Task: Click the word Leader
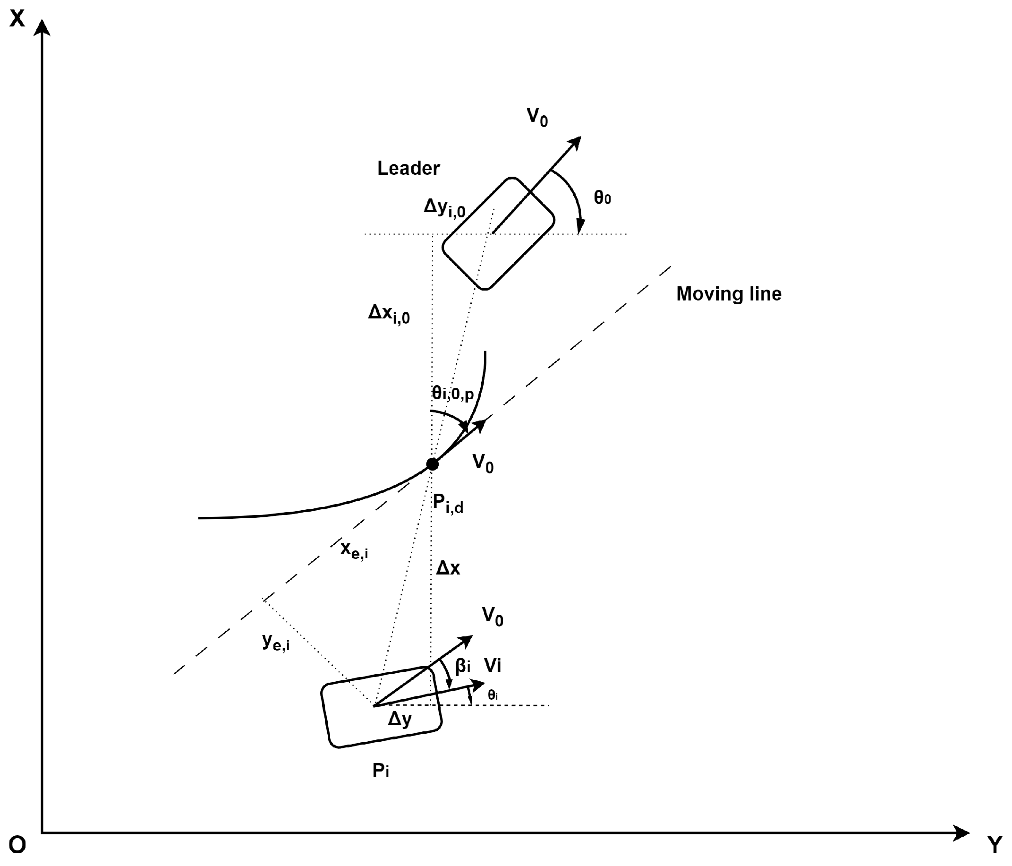click(x=408, y=168)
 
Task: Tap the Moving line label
click(x=728, y=294)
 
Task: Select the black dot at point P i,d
click(x=432, y=464)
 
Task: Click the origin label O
click(x=17, y=844)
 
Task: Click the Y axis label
click(x=995, y=844)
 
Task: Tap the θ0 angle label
click(x=602, y=198)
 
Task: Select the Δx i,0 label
click(x=389, y=313)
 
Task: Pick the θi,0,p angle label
click(x=453, y=394)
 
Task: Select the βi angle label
click(x=462, y=666)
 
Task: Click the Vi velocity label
click(x=493, y=666)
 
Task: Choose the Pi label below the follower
click(x=381, y=771)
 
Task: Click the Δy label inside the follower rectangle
click(x=400, y=719)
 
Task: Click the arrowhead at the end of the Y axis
click(x=961, y=833)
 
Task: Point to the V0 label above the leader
click(x=537, y=117)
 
